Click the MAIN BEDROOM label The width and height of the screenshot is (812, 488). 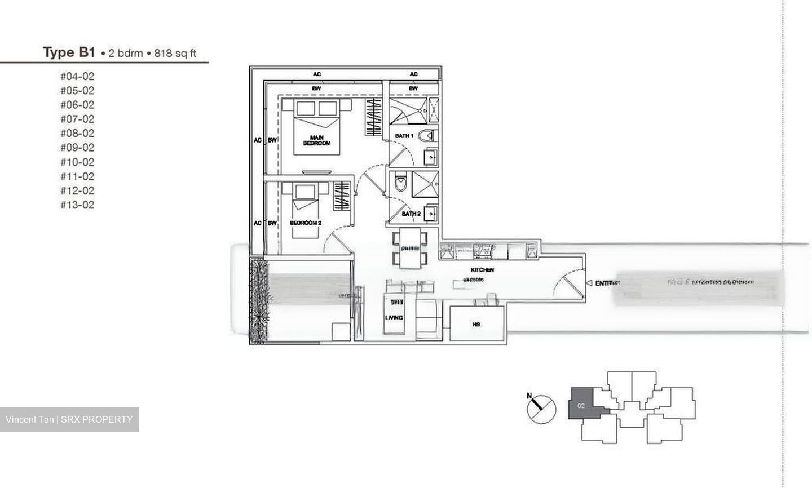[x=316, y=140]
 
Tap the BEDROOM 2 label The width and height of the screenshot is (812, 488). [x=306, y=223]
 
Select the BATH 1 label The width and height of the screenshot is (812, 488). [x=404, y=136]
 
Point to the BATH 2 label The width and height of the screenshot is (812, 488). [x=411, y=214]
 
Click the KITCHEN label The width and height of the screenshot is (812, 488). [x=482, y=270]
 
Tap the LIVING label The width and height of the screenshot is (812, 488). [x=394, y=318]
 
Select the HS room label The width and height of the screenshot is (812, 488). [x=476, y=325]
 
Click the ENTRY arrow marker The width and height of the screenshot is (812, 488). [x=589, y=283]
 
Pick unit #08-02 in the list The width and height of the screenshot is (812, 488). [x=77, y=134]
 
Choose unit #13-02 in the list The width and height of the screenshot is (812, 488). [x=77, y=205]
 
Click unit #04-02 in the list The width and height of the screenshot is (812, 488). [x=77, y=77]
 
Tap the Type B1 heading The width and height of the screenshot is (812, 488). [x=69, y=53]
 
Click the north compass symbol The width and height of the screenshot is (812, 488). [x=541, y=407]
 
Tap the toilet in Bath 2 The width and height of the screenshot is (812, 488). [x=400, y=183]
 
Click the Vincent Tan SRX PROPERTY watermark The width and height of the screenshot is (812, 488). [x=69, y=419]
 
